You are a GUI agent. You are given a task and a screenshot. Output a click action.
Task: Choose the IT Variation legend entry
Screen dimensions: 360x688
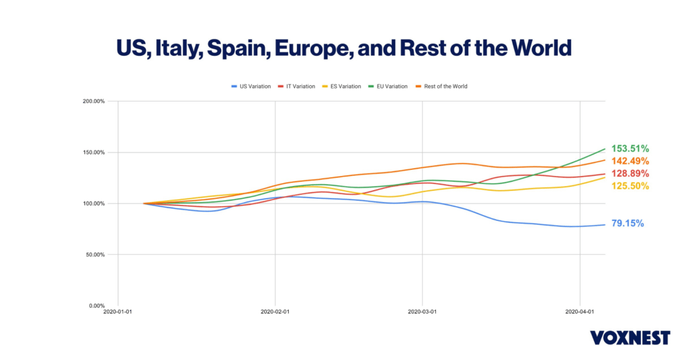[x=300, y=87]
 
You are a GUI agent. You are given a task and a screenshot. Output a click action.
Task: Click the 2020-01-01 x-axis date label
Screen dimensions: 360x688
[x=118, y=312]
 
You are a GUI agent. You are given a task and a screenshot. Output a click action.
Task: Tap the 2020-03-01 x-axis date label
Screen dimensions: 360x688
[x=423, y=312]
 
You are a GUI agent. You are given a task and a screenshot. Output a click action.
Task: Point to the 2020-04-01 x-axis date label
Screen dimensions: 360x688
[x=580, y=312]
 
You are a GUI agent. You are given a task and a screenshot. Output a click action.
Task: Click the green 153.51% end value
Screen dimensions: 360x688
[x=630, y=148]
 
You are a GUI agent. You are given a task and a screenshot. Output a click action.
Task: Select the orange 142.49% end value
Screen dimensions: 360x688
[x=630, y=161]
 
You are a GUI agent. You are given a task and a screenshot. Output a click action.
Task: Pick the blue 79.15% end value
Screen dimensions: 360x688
[x=628, y=223]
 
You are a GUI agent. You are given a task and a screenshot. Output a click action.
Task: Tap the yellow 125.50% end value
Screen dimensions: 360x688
[x=630, y=186]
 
